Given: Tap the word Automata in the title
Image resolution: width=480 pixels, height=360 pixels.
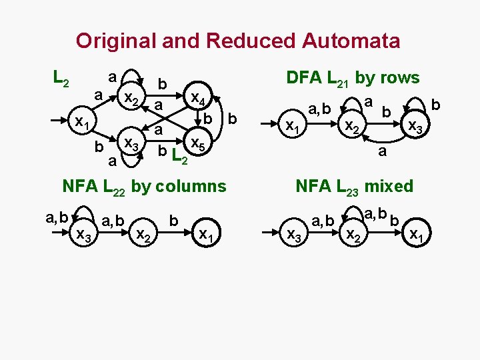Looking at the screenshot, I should [x=351, y=41].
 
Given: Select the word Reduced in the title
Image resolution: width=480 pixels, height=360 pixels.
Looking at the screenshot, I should [x=253, y=41].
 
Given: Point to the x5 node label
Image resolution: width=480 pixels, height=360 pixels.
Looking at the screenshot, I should [x=197, y=142].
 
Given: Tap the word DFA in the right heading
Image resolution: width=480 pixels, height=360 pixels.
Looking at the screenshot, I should [x=305, y=77].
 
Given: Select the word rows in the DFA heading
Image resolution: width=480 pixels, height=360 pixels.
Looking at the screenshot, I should [x=397, y=77].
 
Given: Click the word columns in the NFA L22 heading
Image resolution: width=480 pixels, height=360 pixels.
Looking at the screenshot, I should [x=189, y=186].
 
